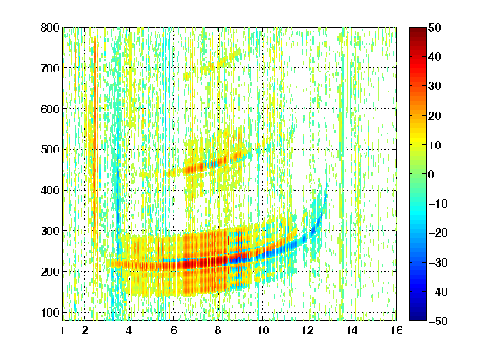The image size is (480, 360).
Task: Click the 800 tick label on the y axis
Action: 50,27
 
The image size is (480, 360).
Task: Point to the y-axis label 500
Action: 50,150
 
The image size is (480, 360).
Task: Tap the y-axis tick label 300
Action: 50,231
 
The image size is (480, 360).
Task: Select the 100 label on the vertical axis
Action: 50,312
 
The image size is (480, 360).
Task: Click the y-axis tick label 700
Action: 50,68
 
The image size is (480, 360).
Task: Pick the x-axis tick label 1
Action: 62,330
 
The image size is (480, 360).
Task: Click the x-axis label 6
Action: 173,330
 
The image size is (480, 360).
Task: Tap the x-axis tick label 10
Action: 262,330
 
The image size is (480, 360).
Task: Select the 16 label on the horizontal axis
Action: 397,330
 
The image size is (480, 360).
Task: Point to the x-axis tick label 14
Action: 352,330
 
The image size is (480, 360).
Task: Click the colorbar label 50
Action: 435,27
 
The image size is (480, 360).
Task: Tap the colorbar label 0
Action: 432,174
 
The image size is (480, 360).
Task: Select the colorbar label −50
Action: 438,321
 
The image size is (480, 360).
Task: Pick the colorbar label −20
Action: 438,232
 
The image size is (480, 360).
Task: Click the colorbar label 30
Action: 435,87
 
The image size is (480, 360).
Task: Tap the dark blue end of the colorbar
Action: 417,318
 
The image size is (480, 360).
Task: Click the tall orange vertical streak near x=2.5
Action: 95,137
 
